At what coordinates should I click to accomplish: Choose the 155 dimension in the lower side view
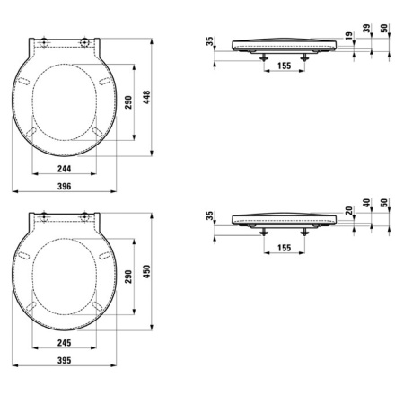click(x=285, y=246)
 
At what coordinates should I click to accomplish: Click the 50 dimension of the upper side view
click(x=384, y=30)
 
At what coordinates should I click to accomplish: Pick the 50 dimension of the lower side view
click(x=384, y=206)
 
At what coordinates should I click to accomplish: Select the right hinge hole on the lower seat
click(x=86, y=217)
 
